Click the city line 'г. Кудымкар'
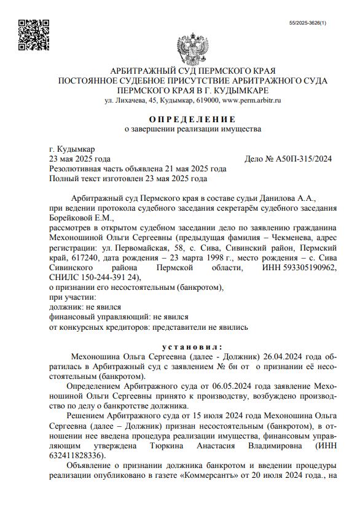click(72, 149)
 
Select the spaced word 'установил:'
click(192, 346)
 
